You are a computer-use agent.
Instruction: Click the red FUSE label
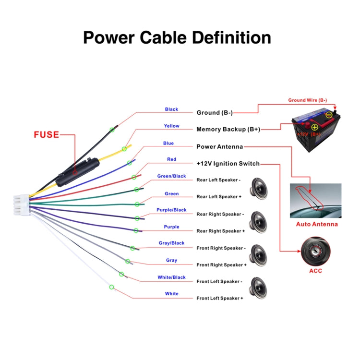coord(46,134)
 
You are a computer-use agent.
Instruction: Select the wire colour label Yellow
coord(171,126)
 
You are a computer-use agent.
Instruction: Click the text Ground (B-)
coord(215,113)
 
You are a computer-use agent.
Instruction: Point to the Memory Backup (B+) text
coord(228,129)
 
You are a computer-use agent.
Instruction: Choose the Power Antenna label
coord(219,146)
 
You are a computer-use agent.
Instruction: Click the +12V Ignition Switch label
coord(228,164)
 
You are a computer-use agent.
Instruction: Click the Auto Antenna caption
coord(316,224)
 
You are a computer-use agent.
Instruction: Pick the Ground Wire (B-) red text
coord(307,100)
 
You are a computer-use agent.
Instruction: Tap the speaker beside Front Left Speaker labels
coord(259,289)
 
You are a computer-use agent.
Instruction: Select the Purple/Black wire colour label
coord(171,210)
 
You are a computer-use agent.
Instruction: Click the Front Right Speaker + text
coord(221,265)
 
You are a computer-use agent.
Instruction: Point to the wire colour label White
coord(171,294)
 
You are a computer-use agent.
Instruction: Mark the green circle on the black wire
coord(112,129)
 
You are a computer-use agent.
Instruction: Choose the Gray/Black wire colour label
coord(171,243)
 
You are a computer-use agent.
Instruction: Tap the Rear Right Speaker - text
coord(220,214)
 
